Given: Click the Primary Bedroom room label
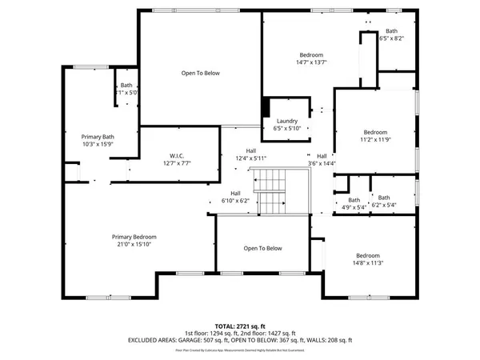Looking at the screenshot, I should click(134, 237).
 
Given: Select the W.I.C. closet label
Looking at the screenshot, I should click(178, 155).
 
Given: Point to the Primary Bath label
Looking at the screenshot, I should click(98, 137).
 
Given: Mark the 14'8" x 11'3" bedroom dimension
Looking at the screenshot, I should click(367, 262).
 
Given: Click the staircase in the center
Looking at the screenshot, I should click(274, 192).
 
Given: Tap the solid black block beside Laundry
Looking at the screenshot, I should click(266, 107).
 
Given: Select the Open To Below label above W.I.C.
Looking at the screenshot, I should click(200, 73).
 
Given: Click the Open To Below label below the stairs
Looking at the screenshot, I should click(263, 248).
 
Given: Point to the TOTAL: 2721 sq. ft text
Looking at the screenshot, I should click(240, 326).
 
